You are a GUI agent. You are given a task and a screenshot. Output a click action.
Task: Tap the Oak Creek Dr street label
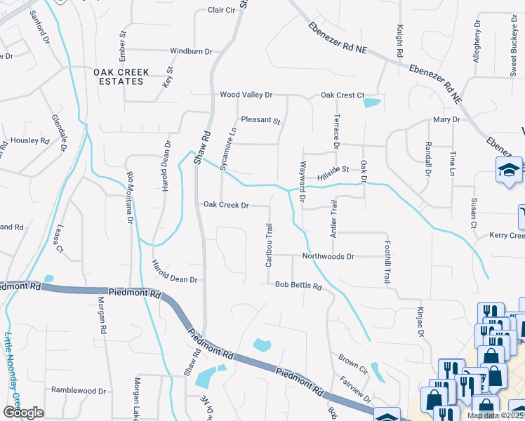(x=226, y=206)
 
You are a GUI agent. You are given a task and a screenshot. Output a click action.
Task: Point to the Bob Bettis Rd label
(x=298, y=286)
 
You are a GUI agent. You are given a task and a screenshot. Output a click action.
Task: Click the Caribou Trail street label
(x=268, y=245)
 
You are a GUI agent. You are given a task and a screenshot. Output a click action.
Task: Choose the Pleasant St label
(x=260, y=120)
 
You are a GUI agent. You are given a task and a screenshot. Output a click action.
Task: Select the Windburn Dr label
(x=191, y=51)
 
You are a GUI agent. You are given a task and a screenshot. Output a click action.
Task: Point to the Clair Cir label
(x=221, y=11)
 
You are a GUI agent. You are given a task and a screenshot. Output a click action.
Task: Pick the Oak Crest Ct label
(x=343, y=95)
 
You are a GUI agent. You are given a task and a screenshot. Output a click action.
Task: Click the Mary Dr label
(x=446, y=120)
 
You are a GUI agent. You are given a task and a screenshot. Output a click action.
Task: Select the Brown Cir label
(x=353, y=363)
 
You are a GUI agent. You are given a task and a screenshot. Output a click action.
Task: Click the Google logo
(x=23, y=413)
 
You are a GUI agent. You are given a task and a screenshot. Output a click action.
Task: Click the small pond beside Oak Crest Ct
(x=371, y=103)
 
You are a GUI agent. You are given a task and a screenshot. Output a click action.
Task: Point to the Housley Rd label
(x=29, y=140)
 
